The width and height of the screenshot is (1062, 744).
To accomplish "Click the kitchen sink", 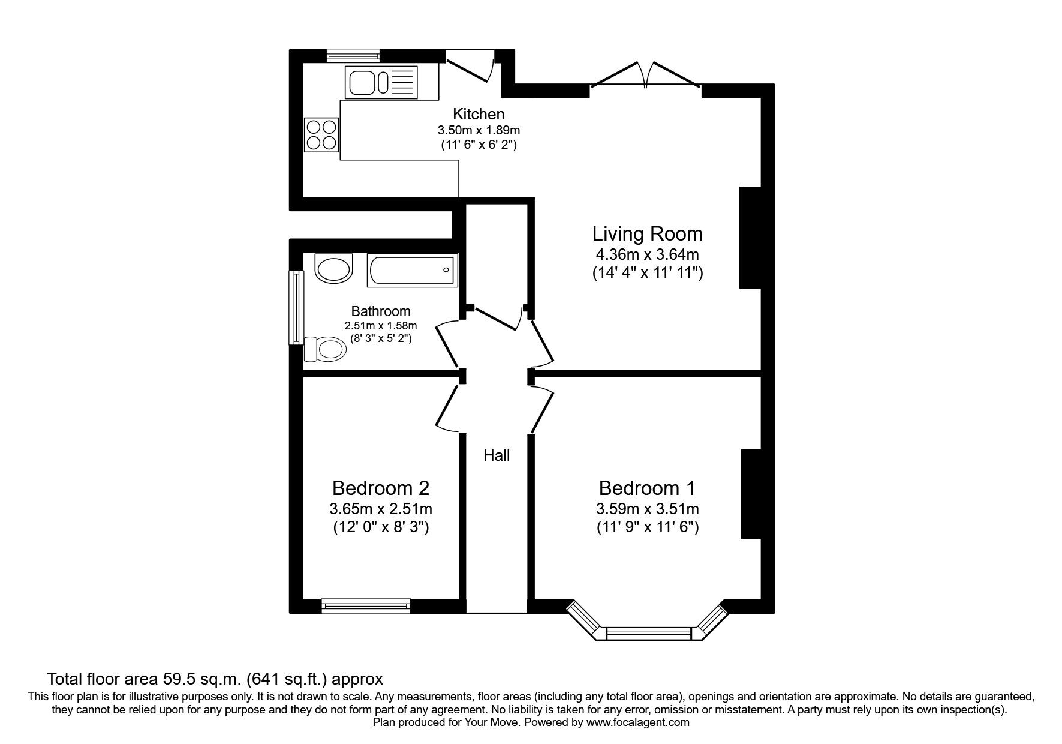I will (380, 82).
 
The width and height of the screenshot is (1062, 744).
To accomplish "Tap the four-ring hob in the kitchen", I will (322, 134).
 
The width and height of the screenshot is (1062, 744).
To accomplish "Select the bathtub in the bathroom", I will (413, 270).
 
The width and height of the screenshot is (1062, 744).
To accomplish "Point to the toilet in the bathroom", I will (325, 349).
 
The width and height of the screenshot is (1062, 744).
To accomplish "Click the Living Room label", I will (647, 233).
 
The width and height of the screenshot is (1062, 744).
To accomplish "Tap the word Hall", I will (497, 456).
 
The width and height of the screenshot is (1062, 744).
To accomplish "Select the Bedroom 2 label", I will (381, 487).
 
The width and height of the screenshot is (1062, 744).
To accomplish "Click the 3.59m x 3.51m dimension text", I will (647, 509).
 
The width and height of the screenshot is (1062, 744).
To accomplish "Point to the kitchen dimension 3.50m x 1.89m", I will (478, 130).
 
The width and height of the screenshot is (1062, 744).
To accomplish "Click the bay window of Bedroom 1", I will (648, 634).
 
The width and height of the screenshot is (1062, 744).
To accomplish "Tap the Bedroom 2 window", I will (366, 606).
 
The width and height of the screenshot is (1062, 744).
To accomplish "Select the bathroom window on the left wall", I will (296, 308).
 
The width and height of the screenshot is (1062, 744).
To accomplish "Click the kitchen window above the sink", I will (353, 55).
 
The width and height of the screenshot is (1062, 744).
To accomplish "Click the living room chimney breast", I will (750, 238).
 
